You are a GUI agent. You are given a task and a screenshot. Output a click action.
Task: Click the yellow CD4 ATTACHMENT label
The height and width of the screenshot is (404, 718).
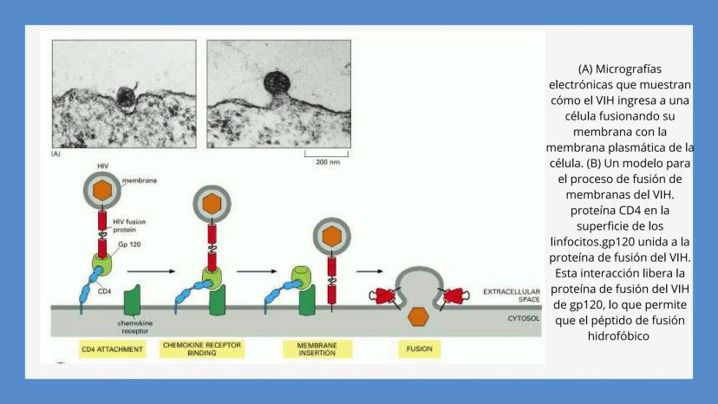click(x=112, y=349)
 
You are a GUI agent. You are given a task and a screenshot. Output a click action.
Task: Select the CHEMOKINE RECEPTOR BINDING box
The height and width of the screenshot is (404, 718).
click(x=202, y=349)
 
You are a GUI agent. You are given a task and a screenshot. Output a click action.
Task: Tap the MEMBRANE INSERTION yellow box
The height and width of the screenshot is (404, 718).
click(x=317, y=349)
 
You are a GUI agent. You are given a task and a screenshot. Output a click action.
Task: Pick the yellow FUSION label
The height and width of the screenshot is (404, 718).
click(x=420, y=349)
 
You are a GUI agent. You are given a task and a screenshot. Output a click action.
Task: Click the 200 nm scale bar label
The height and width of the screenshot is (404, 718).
click(x=328, y=162)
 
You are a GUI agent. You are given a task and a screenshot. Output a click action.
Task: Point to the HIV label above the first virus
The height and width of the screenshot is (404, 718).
click(x=103, y=166)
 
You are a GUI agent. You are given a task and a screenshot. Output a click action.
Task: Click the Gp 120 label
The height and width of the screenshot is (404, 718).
click(x=129, y=244)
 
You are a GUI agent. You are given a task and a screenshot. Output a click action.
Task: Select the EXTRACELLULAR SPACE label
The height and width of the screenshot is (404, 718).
click(x=512, y=296)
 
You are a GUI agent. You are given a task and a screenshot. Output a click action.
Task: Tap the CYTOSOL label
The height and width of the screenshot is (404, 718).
click(x=524, y=318)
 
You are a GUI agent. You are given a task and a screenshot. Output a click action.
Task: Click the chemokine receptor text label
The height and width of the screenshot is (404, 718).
click(x=134, y=327)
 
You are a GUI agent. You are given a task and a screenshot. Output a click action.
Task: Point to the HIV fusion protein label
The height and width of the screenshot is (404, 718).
click(x=129, y=225)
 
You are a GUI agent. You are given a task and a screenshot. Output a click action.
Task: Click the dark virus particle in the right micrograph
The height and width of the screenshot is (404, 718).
click(x=277, y=83)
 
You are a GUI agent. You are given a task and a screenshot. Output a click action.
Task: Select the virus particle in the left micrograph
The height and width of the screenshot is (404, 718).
click(x=125, y=97)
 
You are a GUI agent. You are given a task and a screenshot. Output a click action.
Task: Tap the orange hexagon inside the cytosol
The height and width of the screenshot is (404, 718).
click(x=418, y=316)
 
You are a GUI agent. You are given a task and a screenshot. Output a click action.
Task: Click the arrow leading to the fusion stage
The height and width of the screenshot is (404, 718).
click(x=369, y=271)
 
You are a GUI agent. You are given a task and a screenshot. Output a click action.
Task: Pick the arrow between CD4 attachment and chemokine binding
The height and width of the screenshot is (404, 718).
click(x=151, y=271)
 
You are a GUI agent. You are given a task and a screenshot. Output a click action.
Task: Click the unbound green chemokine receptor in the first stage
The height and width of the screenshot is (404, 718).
click(x=133, y=301)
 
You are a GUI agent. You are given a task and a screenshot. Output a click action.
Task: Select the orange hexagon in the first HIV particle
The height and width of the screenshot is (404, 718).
click(x=102, y=190)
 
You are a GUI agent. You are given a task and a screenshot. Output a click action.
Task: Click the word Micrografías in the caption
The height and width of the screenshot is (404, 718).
click(x=629, y=69)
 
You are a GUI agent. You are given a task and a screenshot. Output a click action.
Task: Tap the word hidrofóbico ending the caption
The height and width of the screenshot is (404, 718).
click(x=618, y=336)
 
